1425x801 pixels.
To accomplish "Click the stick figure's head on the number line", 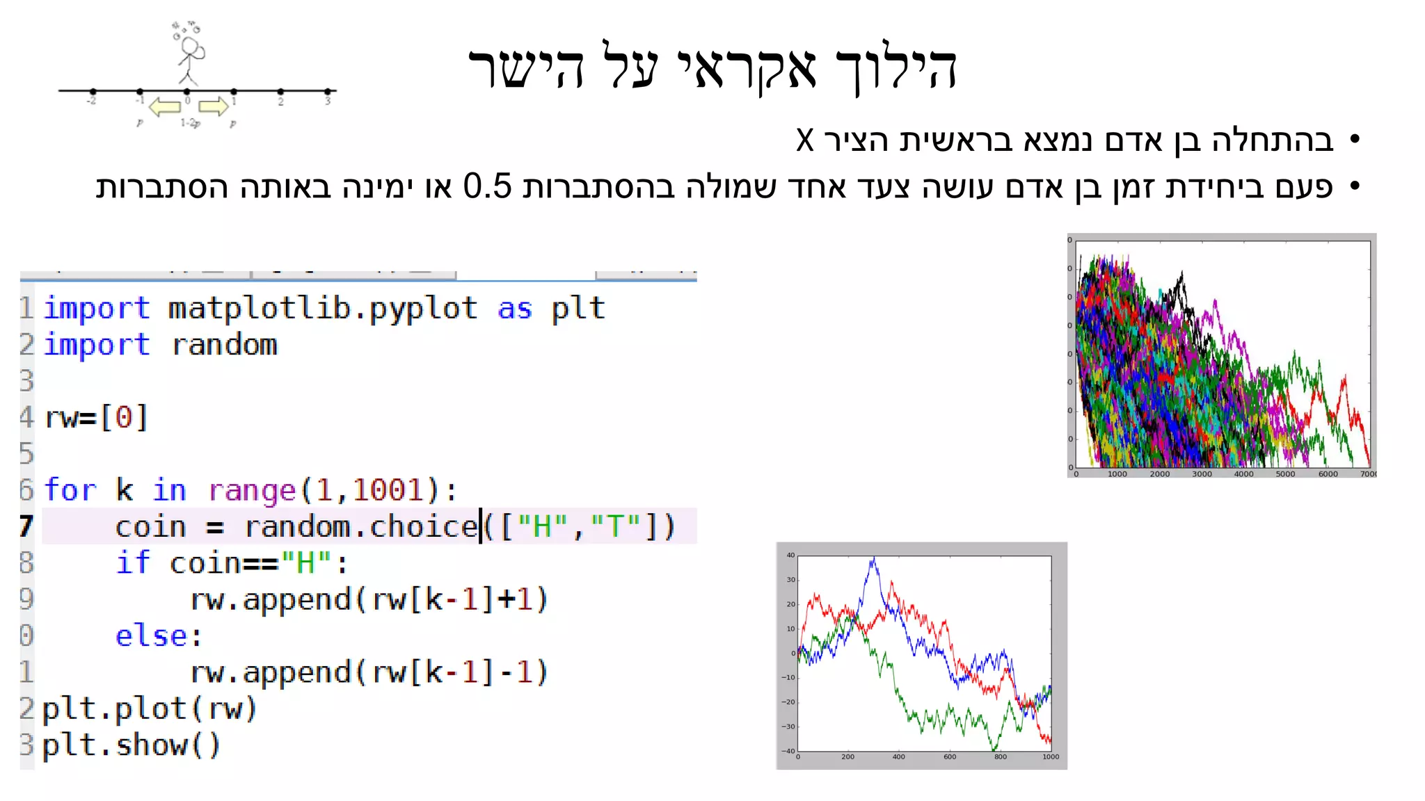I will (189, 47).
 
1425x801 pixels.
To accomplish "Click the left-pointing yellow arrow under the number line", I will (165, 107).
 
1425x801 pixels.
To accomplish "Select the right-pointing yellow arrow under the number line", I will (213, 106).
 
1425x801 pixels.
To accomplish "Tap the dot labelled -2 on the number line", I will (93, 91).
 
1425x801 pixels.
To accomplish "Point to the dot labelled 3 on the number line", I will (327, 91).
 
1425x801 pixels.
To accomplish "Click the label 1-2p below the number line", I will (190, 123).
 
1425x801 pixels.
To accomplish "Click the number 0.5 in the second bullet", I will (487, 186).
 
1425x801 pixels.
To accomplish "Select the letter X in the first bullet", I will (805, 140).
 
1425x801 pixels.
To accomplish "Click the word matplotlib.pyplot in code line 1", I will (322, 309).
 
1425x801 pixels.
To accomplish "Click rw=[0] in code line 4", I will (96, 418).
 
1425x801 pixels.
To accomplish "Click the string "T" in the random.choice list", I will (615, 527).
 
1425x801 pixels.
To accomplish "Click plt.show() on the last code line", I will (131, 745).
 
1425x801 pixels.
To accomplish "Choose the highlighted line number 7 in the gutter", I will (26, 526).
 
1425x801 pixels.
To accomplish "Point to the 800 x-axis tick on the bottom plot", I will (1000, 756).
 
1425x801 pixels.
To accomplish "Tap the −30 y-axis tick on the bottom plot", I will (788, 727).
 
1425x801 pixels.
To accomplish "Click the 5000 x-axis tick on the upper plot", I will (1285, 474).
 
